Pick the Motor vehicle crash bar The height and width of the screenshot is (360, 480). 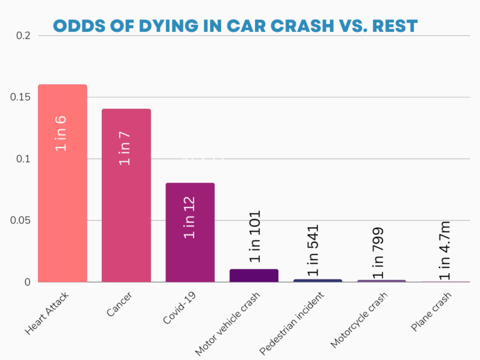click(254, 275)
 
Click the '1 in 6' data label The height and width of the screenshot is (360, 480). click(61, 133)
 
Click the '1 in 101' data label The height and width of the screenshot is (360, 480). click(254, 236)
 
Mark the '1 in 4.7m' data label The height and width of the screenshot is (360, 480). click(444, 250)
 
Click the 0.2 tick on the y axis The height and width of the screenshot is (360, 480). click(23, 36)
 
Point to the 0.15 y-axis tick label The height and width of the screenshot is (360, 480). click(20, 97)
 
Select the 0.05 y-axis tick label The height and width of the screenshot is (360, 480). click(20, 221)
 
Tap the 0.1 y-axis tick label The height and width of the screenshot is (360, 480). click(23, 159)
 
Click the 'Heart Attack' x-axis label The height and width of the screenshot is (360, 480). click(47, 312)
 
